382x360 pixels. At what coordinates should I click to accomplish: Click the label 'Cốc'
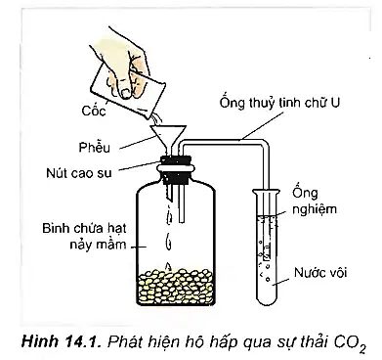[x=94, y=111]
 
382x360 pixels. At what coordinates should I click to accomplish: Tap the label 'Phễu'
[x=95, y=147]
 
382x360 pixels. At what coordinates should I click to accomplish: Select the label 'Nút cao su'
[x=79, y=172]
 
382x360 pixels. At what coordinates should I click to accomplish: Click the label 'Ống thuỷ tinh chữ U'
[x=279, y=103]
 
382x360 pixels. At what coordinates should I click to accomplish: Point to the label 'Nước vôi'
[x=320, y=272]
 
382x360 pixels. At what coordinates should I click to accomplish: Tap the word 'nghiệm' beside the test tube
[x=315, y=209]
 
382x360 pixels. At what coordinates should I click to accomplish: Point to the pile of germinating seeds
[x=176, y=286]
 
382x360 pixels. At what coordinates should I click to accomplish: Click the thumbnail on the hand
[x=126, y=91]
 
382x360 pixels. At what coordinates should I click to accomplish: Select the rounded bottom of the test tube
[x=267, y=298]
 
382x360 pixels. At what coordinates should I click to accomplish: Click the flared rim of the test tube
[x=266, y=192]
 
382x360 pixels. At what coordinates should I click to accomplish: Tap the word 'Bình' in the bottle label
[x=52, y=228]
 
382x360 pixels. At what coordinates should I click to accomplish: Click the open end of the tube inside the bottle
[x=182, y=221]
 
